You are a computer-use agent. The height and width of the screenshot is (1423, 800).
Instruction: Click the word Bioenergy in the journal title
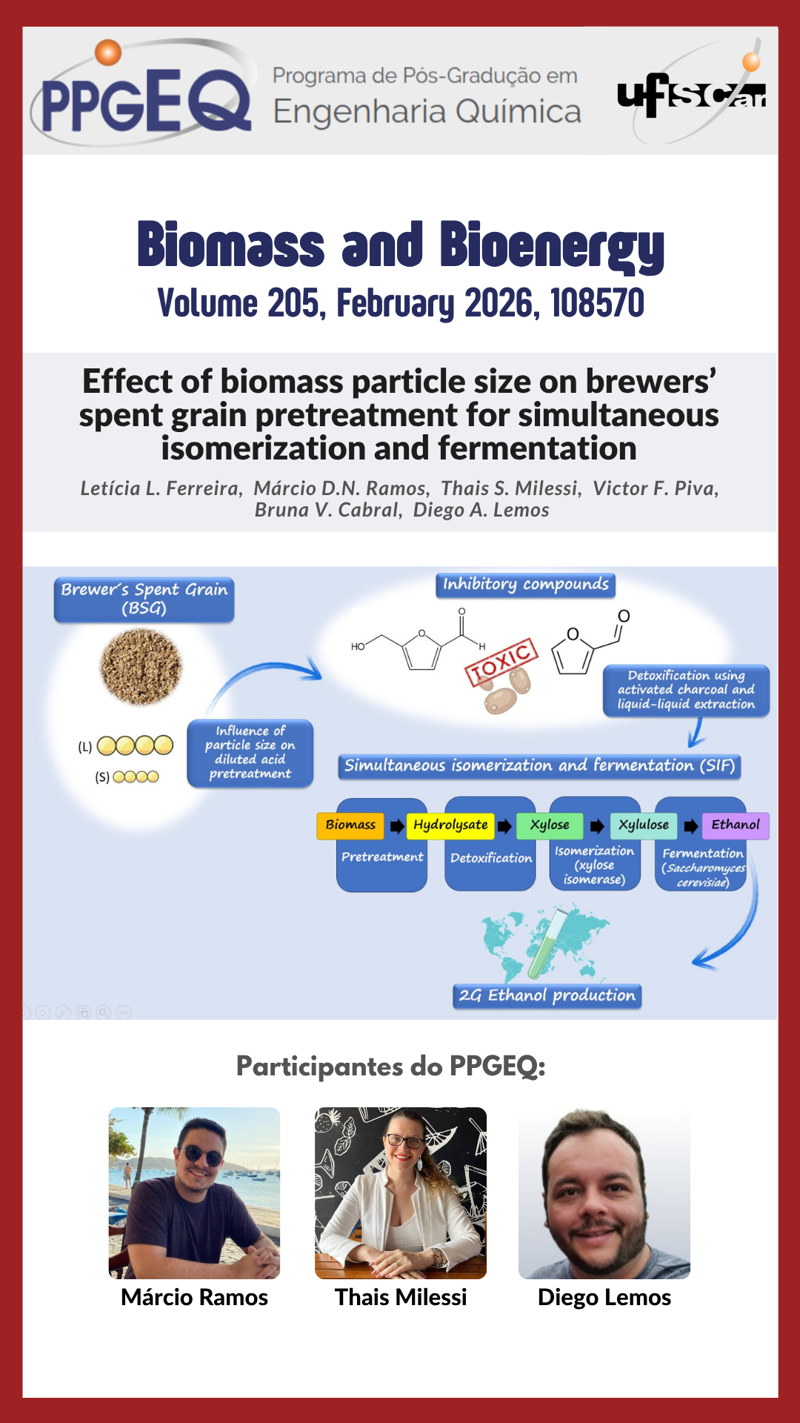(551, 246)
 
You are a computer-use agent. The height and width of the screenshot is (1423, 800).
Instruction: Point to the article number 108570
(597, 303)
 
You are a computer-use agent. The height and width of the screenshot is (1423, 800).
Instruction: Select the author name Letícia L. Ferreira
(161, 488)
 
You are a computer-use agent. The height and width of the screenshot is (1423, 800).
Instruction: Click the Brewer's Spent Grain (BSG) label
(144, 599)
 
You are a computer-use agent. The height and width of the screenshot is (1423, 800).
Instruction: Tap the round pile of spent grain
(141, 666)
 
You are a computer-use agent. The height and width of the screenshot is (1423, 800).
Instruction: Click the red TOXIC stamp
(501, 662)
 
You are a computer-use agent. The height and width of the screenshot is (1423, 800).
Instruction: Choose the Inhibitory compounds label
(525, 585)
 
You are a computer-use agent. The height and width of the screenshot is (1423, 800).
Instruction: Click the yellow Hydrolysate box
(450, 825)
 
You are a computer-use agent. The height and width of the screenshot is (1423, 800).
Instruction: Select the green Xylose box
(550, 825)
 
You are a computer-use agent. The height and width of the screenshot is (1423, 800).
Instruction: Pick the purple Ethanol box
(735, 825)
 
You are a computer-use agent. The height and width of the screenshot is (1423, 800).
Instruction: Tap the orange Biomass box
(350, 825)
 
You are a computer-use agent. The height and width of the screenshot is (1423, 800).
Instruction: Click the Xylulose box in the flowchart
(643, 825)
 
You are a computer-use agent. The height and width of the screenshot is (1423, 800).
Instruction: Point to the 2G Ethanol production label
(547, 995)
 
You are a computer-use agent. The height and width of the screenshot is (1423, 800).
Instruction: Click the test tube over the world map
(547, 946)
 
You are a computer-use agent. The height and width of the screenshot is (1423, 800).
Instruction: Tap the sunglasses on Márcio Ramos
(202, 1155)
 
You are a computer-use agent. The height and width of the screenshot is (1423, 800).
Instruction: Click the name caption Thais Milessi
(401, 1297)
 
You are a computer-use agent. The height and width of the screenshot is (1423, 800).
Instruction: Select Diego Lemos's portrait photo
(604, 1193)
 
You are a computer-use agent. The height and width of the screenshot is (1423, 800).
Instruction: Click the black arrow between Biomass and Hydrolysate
(397, 826)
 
